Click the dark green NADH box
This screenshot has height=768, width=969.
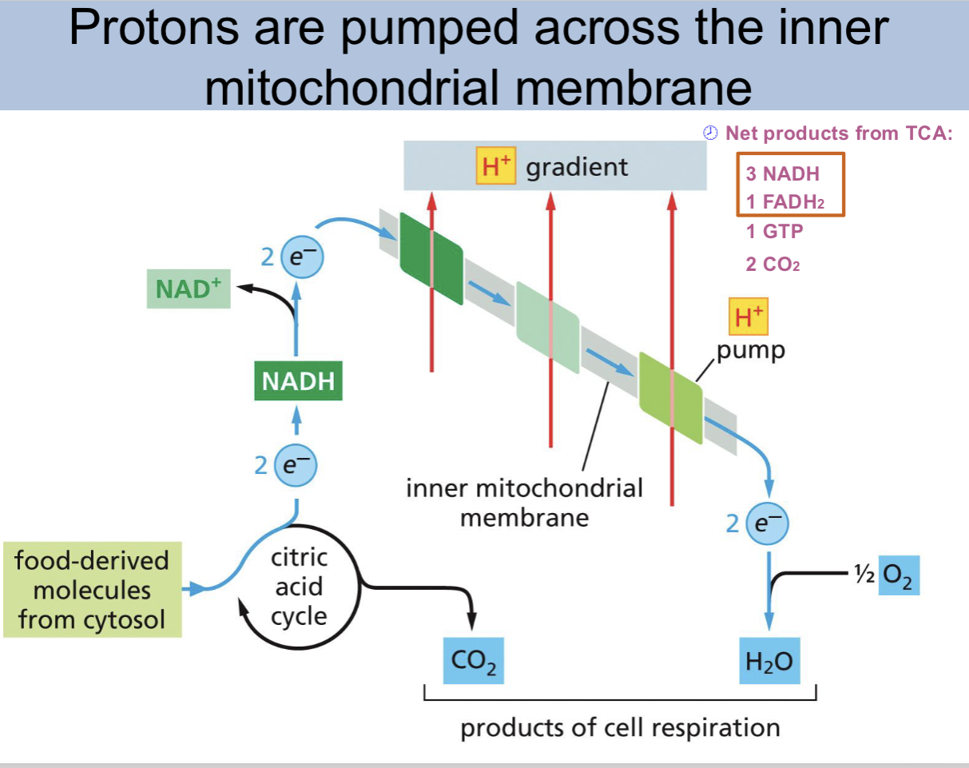tap(297, 380)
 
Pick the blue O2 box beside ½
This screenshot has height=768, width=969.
tap(899, 575)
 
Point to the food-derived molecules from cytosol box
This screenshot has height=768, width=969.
tap(93, 590)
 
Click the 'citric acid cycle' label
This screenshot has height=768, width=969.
tap(300, 587)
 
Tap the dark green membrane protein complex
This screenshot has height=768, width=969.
tap(431, 257)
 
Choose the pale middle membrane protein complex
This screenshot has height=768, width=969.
tap(547, 328)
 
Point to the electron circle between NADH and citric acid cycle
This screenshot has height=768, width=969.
tap(296, 465)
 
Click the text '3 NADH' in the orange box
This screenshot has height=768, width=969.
tap(783, 174)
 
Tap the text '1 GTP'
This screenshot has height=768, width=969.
tap(774, 232)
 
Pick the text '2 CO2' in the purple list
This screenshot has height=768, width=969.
tap(772, 264)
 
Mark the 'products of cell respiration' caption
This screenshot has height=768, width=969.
tap(620, 728)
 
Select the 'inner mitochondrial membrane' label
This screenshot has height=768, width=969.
tap(524, 502)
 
